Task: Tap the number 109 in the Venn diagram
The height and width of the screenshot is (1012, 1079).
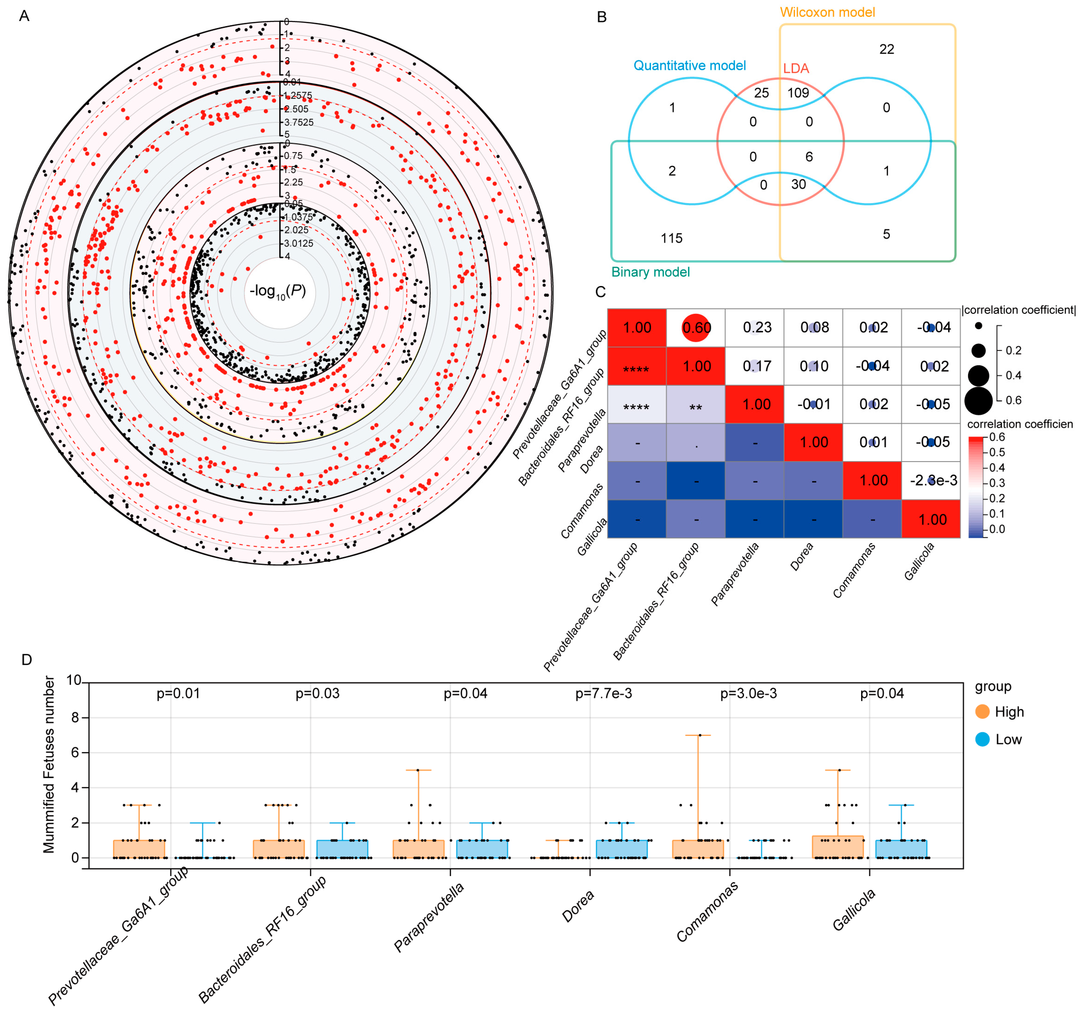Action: point(798,93)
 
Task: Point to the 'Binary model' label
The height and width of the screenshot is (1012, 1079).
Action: point(650,272)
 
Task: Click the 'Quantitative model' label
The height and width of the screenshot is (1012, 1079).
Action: point(689,66)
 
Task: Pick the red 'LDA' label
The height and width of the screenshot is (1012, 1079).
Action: point(796,68)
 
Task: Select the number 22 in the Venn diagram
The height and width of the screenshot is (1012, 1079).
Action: point(886,49)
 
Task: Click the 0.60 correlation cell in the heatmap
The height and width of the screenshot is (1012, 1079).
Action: point(696,328)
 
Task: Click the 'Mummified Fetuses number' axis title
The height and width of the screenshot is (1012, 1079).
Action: point(49,764)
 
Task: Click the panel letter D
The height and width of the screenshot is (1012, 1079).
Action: point(26,660)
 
